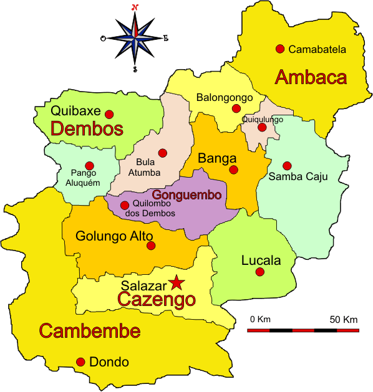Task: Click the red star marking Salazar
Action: pyautogui.click(x=177, y=283)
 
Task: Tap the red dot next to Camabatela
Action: pyautogui.click(x=280, y=49)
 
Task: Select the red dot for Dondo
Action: pyautogui.click(x=80, y=362)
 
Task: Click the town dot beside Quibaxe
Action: pyautogui.click(x=109, y=114)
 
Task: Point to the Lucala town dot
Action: pyautogui.click(x=260, y=272)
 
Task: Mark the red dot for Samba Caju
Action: pyautogui.click(x=287, y=166)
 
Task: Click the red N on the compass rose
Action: pyautogui.click(x=135, y=7)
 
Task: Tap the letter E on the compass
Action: pyautogui.click(x=166, y=38)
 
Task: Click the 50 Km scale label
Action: pyautogui.click(x=344, y=320)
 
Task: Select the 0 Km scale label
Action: pyautogui.click(x=259, y=320)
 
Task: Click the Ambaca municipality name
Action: pyautogui.click(x=311, y=77)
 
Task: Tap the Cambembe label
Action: pyautogui.click(x=89, y=331)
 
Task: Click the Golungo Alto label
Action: pyautogui.click(x=110, y=236)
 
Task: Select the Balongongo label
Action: pyautogui.click(x=225, y=97)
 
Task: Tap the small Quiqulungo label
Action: pyautogui.click(x=263, y=119)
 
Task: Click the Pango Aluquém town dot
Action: pyautogui.click(x=89, y=166)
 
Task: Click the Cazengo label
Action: pyautogui.click(x=157, y=300)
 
